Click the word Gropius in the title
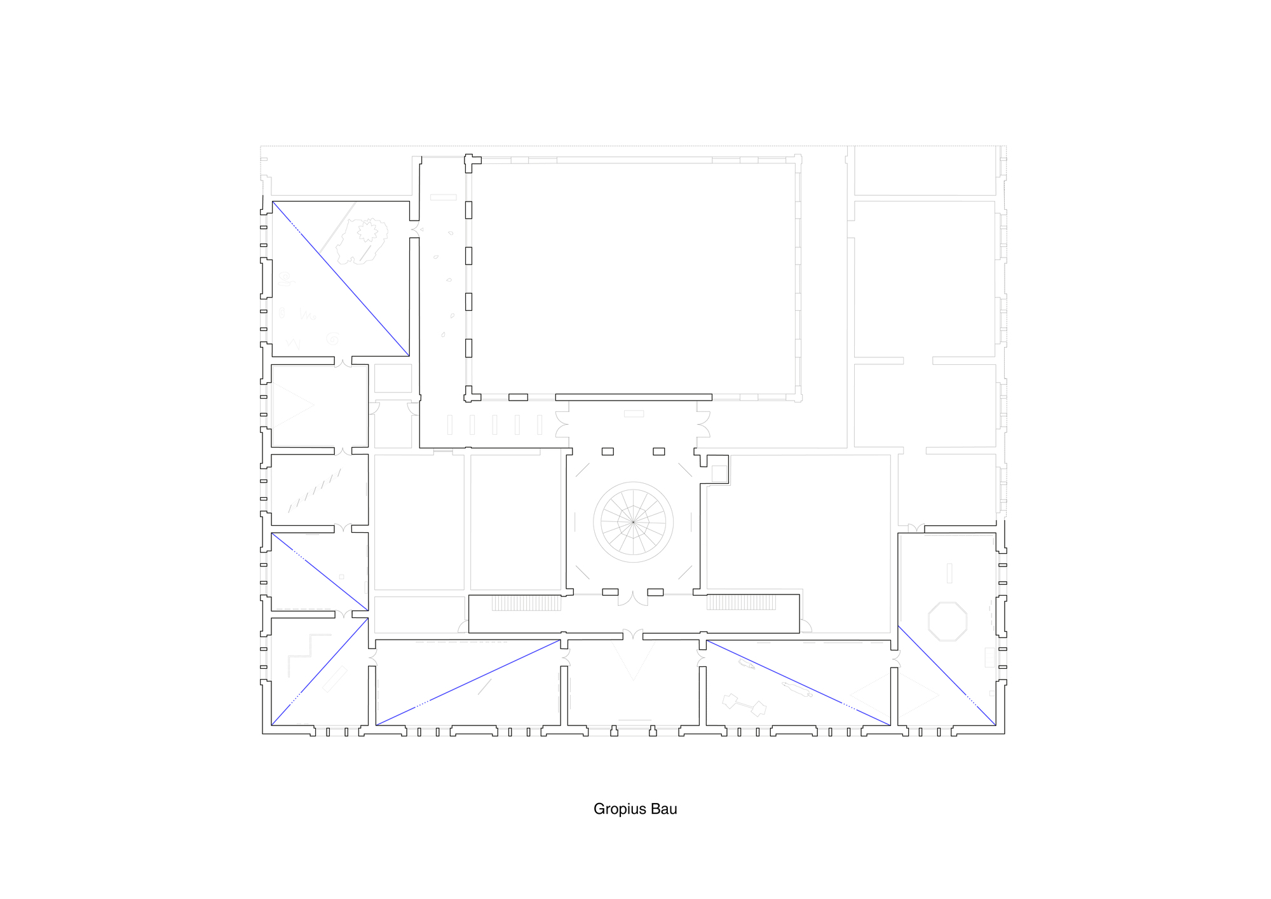pos(619,809)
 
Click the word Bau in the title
pos(663,809)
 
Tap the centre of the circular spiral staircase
pos(634,522)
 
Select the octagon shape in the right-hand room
pos(948,621)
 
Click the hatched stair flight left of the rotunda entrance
pos(526,603)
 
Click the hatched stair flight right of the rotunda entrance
pos(742,602)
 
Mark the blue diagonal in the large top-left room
pos(341,278)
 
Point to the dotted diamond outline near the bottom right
pos(895,696)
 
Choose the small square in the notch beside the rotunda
pos(719,474)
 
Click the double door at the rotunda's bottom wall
pos(633,598)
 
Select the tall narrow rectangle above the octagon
pos(949,573)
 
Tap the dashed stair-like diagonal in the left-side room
pos(315,491)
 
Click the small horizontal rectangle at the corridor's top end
pos(443,197)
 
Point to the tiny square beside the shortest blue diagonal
pos(341,577)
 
